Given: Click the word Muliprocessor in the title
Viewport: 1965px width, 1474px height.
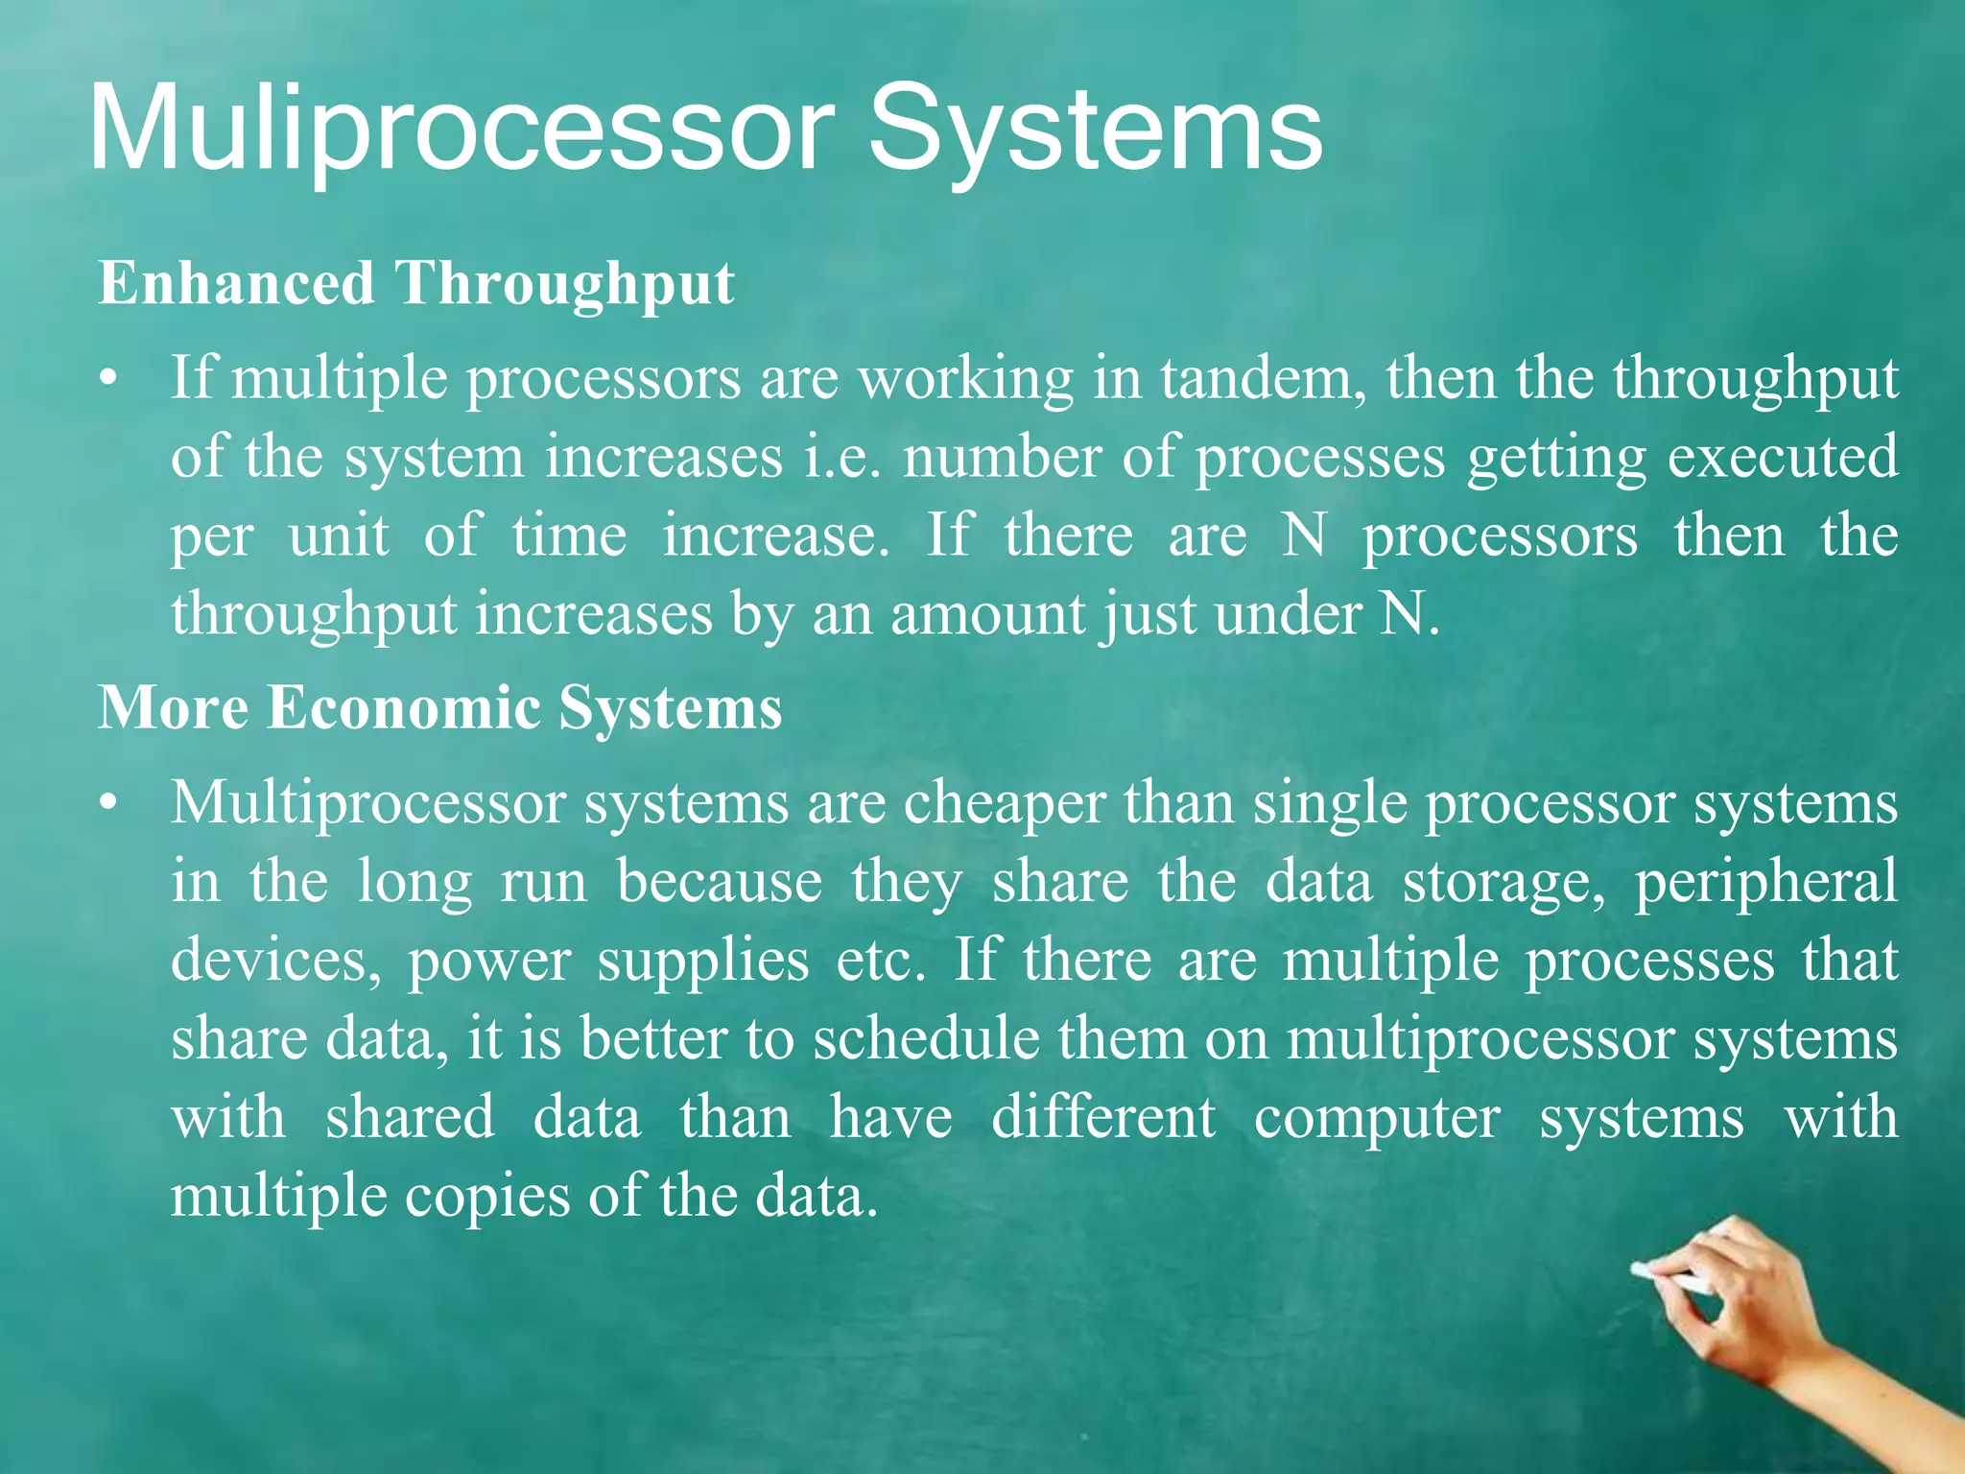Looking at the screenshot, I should [461, 130].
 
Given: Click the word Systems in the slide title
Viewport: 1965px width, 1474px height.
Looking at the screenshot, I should [1094, 130].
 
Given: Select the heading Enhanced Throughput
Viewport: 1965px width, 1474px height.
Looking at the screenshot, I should [415, 284].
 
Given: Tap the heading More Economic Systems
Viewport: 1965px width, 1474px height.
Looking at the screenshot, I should [439, 708].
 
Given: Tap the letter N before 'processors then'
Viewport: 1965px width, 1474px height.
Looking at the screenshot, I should [1304, 535].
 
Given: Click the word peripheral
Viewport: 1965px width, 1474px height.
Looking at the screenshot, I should [1765, 881].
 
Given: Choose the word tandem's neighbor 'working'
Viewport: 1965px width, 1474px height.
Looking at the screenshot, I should [965, 380].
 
